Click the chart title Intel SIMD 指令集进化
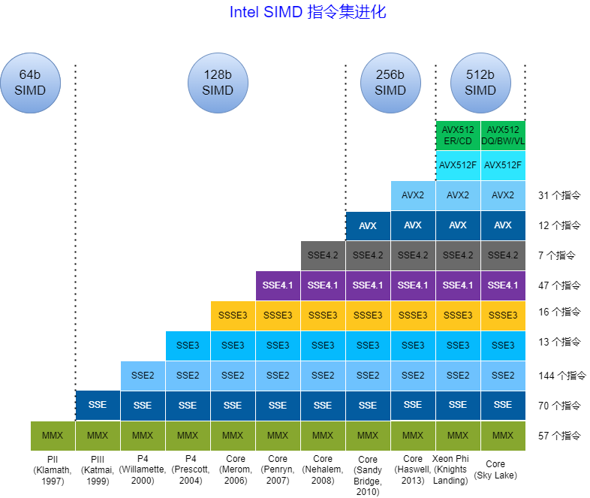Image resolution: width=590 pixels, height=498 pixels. [x=308, y=13]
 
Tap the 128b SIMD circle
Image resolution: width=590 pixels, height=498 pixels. [x=218, y=83]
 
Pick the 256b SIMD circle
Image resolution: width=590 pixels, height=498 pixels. [x=390, y=83]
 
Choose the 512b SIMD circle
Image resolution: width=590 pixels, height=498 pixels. [x=480, y=83]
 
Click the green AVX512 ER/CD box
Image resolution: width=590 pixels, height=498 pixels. [x=458, y=135]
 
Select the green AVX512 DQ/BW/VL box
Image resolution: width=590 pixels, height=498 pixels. [x=503, y=135]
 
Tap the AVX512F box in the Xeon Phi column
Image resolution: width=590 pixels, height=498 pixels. [x=458, y=165]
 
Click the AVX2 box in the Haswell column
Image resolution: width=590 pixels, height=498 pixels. [x=413, y=195]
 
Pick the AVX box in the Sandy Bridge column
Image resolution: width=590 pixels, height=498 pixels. [x=368, y=225]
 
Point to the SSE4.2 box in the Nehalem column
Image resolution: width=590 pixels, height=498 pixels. [x=323, y=255]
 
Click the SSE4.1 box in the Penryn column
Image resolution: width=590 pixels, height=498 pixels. [x=278, y=285]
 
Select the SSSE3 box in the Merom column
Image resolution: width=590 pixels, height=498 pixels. [x=233, y=315]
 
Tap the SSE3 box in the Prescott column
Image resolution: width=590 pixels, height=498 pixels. [x=188, y=346]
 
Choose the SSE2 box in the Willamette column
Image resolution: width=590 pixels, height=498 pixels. [x=143, y=376]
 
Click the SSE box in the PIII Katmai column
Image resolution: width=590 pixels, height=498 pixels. [x=98, y=406]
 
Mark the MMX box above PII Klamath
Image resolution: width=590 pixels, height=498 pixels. [x=53, y=436]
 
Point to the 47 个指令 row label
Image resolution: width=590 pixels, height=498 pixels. [x=559, y=285]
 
